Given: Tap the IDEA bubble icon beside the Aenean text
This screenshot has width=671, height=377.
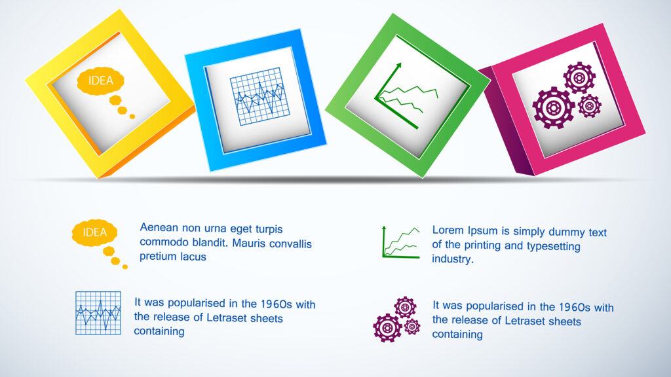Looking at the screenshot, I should pos(94,233).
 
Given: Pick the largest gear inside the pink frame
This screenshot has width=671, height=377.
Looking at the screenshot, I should pos(554,107).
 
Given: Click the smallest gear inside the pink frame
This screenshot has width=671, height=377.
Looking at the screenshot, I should pos(589,105).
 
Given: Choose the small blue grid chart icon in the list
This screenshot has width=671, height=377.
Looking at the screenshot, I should pos(98,313).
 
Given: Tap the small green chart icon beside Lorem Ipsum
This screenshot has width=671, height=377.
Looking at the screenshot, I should pos(400,242).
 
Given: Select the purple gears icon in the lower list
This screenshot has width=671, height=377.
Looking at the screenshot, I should pos(397,320).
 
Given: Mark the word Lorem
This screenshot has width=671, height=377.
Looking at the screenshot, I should pos(448,231).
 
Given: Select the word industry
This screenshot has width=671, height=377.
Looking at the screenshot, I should pos(451,259).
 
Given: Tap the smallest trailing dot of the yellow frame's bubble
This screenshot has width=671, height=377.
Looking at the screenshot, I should pos(132,117).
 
